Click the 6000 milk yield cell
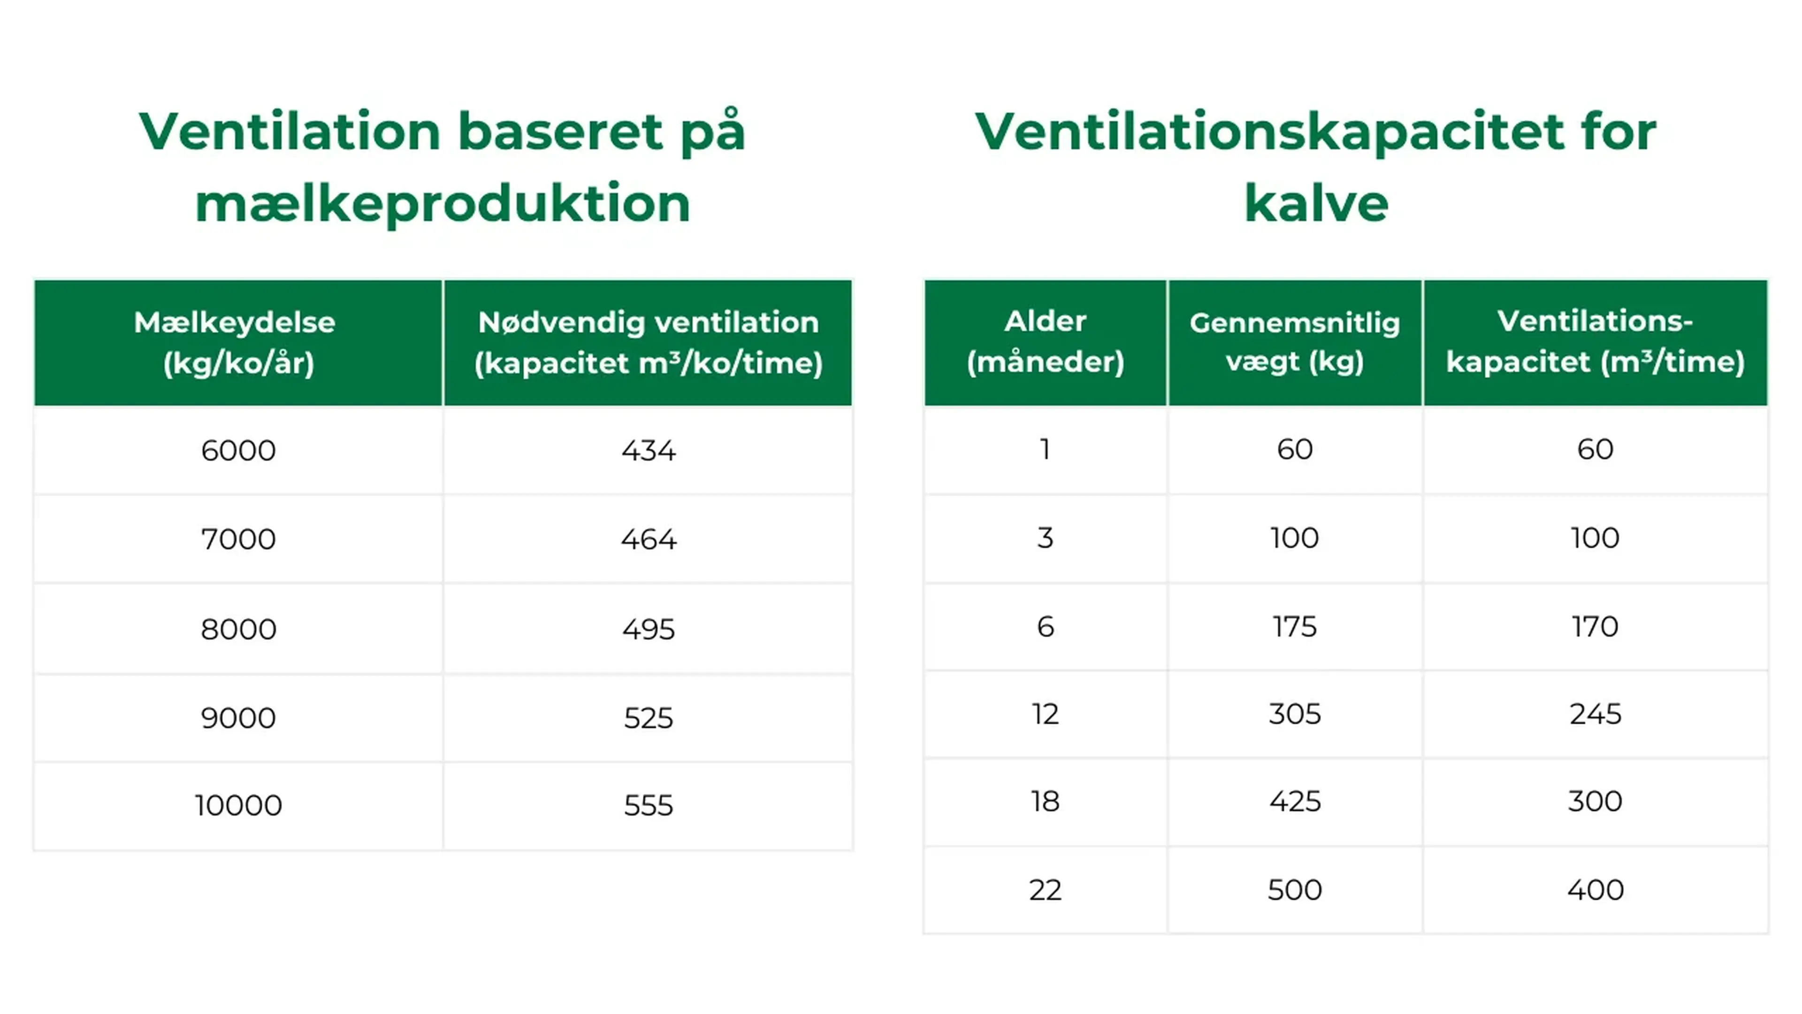(x=238, y=451)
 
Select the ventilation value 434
(x=649, y=451)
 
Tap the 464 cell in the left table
(x=649, y=539)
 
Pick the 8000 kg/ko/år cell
(x=238, y=629)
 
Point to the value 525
(x=649, y=718)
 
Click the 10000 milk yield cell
(x=238, y=806)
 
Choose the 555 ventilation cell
(x=649, y=806)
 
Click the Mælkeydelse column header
(x=238, y=343)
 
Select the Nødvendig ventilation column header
(x=649, y=343)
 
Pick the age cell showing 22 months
(x=1045, y=890)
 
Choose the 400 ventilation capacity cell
(x=1596, y=890)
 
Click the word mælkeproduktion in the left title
(x=443, y=204)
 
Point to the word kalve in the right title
(x=1316, y=204)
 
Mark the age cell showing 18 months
(x=1045, y=802)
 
